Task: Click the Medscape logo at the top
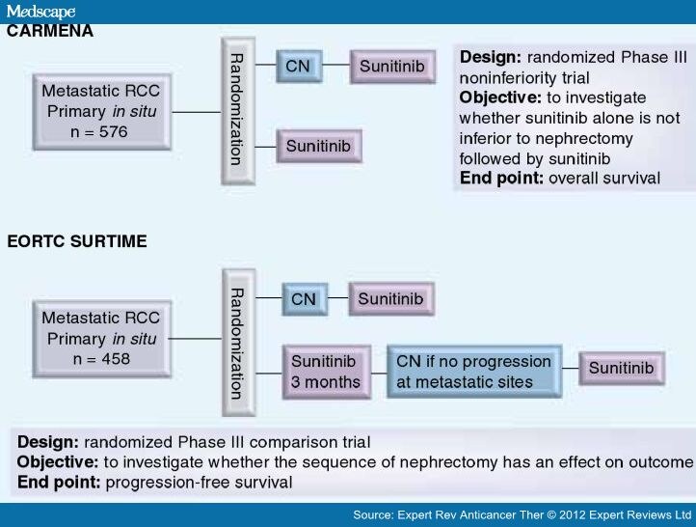40,11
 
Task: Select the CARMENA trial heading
50,31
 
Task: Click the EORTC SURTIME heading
77,241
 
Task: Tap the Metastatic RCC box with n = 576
100,112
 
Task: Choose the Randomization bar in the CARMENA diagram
236,110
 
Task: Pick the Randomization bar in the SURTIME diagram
236,342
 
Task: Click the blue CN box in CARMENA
298,67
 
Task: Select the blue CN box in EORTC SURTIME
304,300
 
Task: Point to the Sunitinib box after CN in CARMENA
391,67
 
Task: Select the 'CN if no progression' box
473,372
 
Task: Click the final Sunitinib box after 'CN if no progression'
621,369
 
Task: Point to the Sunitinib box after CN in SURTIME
390,299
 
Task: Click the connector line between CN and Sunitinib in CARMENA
335,67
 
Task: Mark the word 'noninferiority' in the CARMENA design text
508,77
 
